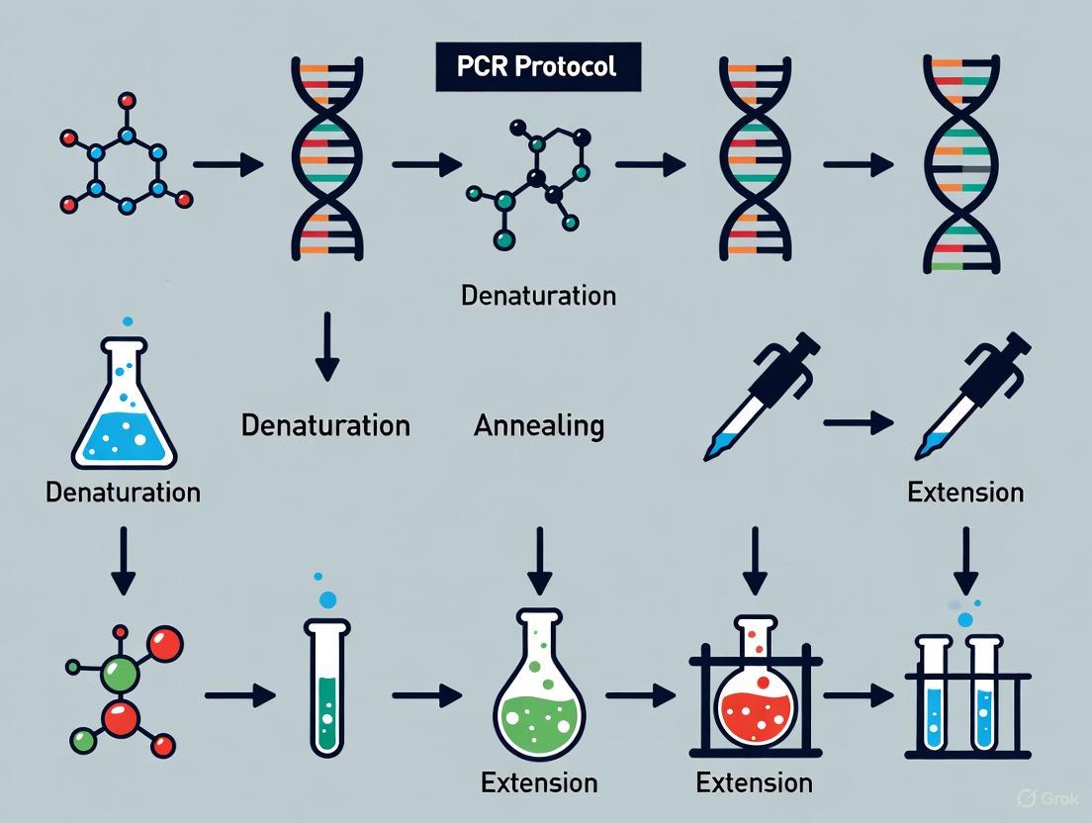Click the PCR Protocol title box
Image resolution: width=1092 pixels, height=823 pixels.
click(538, 67)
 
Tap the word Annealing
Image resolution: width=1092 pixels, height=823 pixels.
click(539, 425)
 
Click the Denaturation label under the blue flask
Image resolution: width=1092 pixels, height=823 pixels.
click(124, 492)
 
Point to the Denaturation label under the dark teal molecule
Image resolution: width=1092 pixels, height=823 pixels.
click(539, 295)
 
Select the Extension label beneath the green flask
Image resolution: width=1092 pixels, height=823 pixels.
click(539, 783)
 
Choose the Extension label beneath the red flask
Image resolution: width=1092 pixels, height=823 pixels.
click(755, 783)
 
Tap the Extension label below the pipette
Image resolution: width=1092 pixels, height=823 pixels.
click(965, 492)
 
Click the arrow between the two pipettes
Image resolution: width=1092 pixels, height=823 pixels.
click(859, 423)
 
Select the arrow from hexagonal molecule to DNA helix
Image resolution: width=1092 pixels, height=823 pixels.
click(228, 163)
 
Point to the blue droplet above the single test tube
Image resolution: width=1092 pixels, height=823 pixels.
click(327, 598)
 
